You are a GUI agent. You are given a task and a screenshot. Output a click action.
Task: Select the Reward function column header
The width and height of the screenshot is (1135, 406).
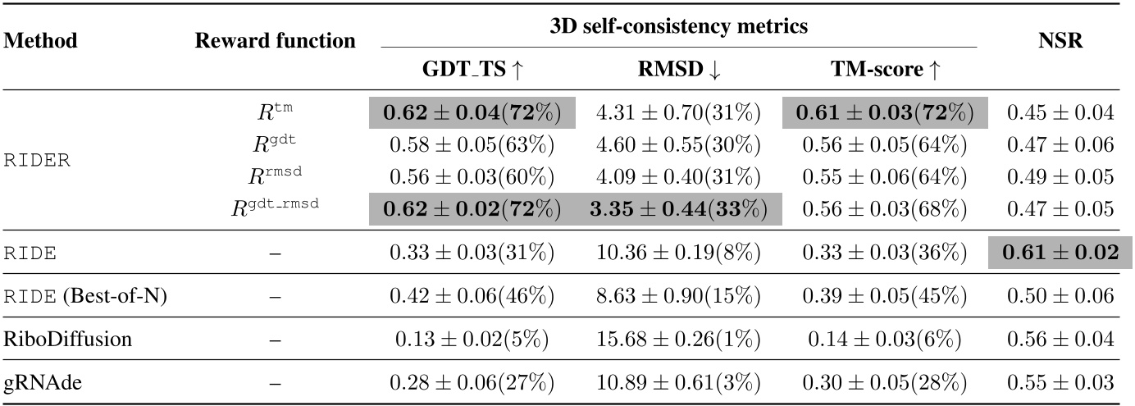(x=275, y=41)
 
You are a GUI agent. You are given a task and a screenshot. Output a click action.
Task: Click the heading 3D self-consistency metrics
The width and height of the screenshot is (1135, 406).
(x=678, y=26)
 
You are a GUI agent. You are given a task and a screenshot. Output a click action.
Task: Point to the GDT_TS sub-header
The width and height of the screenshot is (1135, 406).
(x=476, y=71)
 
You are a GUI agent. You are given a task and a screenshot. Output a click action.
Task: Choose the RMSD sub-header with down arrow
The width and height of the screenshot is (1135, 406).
(x=678, y=71)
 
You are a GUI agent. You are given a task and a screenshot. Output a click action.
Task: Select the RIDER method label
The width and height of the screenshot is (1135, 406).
(x=37, y=160)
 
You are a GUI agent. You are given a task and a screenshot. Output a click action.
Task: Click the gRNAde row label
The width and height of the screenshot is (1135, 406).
(x=37, y=381)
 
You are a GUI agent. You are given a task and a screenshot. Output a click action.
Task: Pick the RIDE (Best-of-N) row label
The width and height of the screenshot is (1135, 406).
(x=84, y=295)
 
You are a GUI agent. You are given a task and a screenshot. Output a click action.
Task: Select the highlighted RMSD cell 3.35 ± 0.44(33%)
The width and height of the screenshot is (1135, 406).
(x=678, y=209)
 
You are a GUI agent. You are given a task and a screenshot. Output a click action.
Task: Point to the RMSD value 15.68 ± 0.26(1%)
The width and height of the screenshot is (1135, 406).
(x=678, y=339)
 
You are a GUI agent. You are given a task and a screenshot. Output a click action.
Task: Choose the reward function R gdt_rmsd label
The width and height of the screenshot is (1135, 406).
(x=275, y=208)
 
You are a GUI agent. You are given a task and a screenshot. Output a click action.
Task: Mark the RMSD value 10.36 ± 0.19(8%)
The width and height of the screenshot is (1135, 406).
(x=678, y=253)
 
